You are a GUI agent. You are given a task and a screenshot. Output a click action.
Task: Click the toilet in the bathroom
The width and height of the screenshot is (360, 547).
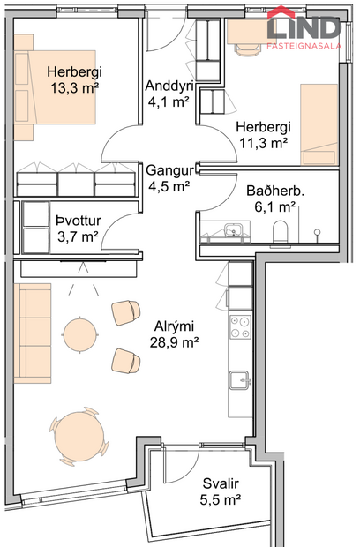pyautogui.click(x=281, y=233)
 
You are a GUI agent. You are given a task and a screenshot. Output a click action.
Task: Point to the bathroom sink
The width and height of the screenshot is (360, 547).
pyautogui.click(x=233, y=232)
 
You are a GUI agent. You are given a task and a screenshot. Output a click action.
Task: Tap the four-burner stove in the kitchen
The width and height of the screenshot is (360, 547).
pyautogui.click(x=241, y=329)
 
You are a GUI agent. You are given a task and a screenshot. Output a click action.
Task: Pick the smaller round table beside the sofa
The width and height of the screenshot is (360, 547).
pyautogui.click(x=80, y=334)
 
